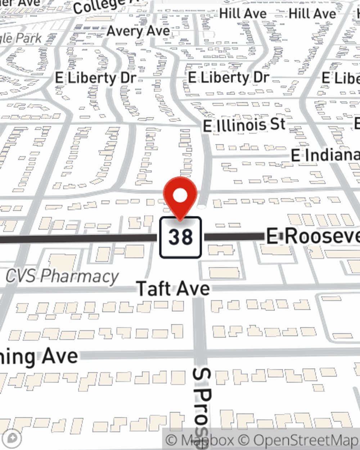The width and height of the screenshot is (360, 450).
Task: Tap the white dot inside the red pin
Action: (180, 196)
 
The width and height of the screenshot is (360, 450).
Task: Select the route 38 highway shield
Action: (180, 237)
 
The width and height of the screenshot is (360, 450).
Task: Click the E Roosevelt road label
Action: (312, 237)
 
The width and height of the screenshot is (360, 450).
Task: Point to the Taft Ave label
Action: (173, 289)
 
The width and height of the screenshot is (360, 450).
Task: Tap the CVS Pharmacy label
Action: (62, 276)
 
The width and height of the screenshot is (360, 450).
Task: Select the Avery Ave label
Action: (138, 31)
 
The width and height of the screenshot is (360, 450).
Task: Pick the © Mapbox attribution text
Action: (199, 440)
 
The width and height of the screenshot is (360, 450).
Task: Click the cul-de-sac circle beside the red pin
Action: (202, 207)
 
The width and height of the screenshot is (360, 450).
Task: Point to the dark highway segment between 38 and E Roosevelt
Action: (234, 237)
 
